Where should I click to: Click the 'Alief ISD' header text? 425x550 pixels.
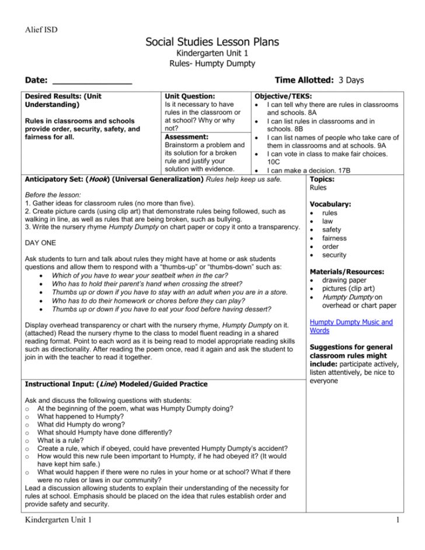[x=41, y=29]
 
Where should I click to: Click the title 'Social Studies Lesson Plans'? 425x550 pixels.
[x=212, y=41]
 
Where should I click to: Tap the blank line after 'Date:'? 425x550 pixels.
[x=92, y=81]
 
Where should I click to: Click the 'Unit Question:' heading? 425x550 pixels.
[x=190, y=96]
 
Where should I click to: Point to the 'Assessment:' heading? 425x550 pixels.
[x=186, y=137]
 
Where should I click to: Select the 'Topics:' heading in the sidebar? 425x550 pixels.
[x=322, y=179]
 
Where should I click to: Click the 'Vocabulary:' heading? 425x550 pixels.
[x=330, y=204]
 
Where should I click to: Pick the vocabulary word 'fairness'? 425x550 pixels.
[x=334, y=238]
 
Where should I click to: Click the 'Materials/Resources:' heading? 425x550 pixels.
[x=347, y=271]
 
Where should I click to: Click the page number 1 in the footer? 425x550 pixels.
[x=397, y=520]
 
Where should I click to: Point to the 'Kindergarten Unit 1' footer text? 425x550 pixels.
[x=57, y=520]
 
